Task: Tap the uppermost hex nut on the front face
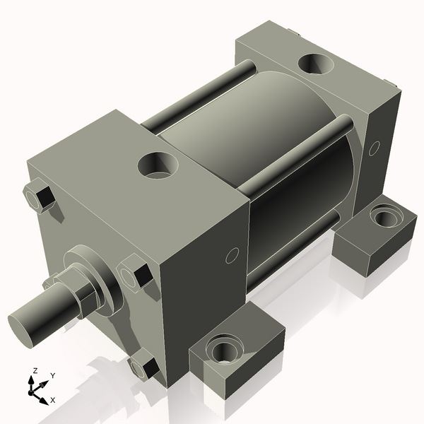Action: (x=41, y=197)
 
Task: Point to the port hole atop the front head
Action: (x=158, y=167)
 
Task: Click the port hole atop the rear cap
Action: (x=316, y=64)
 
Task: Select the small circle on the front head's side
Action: (x=230, y=255)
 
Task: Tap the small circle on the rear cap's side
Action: (x=375, y=148)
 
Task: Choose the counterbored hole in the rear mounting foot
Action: (x=383, y=214)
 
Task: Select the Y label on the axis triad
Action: (x=53, y=376)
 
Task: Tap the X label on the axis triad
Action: (x=52, y=400)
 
